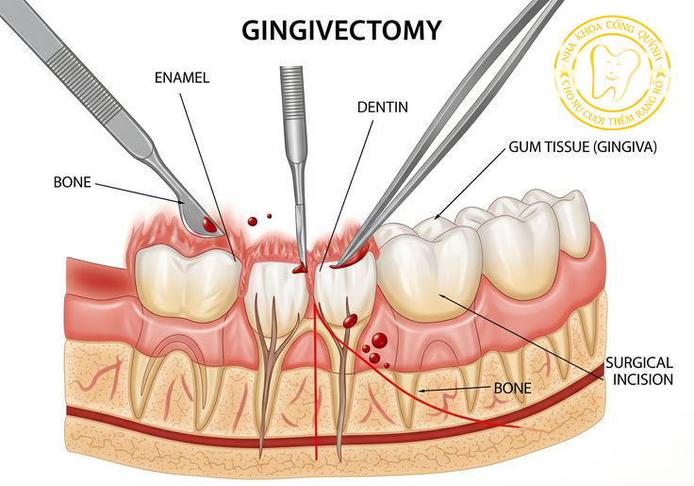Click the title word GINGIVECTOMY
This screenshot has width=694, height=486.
(341, 29)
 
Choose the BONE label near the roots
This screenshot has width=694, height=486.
(514, 388)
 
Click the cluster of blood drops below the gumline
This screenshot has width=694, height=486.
(376, 347)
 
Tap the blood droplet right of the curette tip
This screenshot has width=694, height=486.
(252, 221)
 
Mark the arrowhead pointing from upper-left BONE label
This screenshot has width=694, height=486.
(185, 201)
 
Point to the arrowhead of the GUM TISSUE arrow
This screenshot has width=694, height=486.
(437, 218)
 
